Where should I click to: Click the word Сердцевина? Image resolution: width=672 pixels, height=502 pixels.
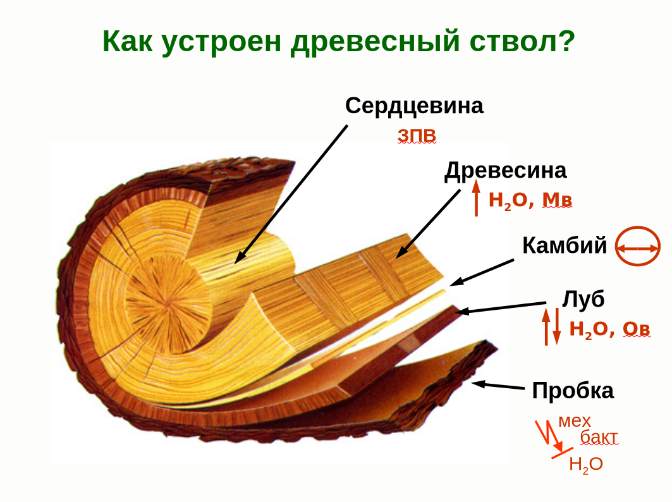point(414,106)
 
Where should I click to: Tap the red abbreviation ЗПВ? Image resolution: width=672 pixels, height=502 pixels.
point(417,136)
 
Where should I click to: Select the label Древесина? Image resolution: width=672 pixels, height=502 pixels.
point(505,171)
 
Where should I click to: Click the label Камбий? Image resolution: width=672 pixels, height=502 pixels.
point(565,245)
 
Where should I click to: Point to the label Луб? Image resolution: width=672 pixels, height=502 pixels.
point(583,299)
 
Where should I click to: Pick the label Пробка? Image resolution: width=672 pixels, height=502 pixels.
point(573,390)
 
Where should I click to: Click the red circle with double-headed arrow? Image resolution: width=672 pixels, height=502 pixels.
point(638,248)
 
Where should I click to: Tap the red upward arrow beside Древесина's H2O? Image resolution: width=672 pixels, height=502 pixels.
point(477,197)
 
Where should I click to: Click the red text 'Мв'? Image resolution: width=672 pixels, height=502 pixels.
point(558,200)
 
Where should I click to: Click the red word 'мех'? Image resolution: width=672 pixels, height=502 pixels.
point(575,421)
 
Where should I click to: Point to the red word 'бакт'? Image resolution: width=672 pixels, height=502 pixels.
point(599,437)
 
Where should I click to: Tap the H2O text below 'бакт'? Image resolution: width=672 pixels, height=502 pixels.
point(585,465)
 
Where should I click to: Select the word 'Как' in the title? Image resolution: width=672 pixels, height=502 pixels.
point(128,42)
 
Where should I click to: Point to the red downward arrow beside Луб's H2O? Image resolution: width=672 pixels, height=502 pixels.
point(557,328)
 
